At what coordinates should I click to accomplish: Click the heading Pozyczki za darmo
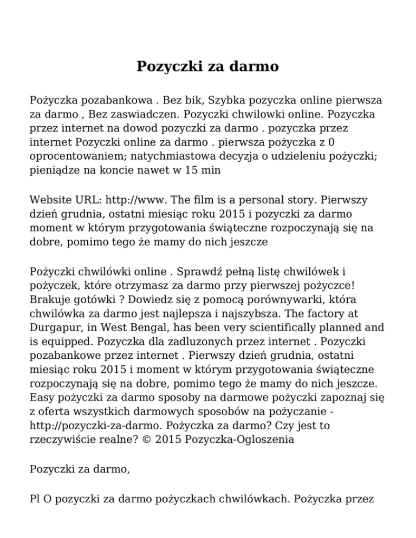coord(207,67)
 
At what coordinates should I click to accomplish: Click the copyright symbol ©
coord(143,439)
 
